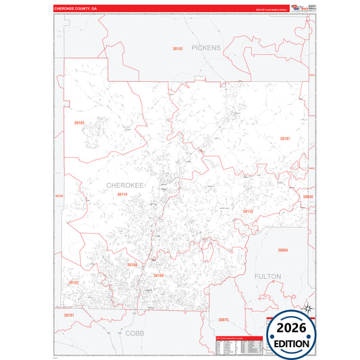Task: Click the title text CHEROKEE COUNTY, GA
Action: (x=76, y=9)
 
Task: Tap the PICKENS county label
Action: (x=205, y=48)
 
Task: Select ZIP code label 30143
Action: (x=178, y=49)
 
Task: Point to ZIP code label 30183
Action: (x=79, y=123)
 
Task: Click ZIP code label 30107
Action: (x=284, y=138)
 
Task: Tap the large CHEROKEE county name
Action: (x=125, y=184)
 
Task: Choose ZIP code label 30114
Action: (x=122, y=195)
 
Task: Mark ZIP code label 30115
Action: (x=247, y=211)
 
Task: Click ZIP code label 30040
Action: (x=308, y=197)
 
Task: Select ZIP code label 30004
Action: (x=283, y=251)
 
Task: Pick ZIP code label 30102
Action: (x=74, y=282)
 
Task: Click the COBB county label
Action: (x=134, y=333)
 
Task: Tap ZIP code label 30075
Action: (x=224, y=319)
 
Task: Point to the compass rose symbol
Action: (x=309, y=308)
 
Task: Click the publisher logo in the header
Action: (x=299, y=7)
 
